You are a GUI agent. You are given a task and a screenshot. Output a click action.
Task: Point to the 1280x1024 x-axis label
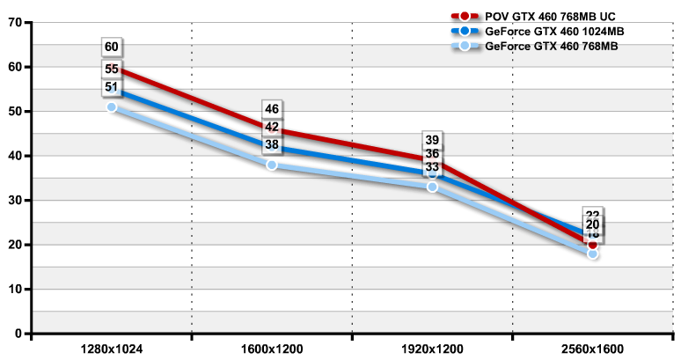click(x=112, y=349)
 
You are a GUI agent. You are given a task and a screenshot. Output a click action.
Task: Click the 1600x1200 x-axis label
click(x=272, y=349)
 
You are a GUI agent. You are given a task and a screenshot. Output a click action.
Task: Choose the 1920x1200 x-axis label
click(x=432, y=349)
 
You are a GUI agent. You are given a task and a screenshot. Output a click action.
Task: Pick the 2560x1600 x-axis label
click(x=592, y=349)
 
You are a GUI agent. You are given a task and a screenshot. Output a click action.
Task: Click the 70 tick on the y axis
click(x=14, y=22)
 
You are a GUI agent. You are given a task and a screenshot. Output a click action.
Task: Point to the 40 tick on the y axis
click(x=14, y=156)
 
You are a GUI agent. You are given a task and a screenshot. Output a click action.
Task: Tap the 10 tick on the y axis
click(x=14, y=290)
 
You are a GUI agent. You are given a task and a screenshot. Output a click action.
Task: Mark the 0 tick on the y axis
click(x=18, y=334)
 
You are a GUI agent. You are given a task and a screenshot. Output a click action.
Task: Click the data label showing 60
click(x=112, y=48)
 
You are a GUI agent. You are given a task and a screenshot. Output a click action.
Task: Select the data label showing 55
click(x=112, y=68)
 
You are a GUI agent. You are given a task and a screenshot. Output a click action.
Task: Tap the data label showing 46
click(x=272, y=109)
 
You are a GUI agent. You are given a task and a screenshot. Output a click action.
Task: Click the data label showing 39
click(x=432, y=139)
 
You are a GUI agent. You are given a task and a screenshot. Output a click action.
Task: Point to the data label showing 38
click(x=272, y=145)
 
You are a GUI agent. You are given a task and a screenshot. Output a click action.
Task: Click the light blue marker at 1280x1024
click(x=112, y=107)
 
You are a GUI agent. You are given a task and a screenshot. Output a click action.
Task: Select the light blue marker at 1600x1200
click(x=272, y=165)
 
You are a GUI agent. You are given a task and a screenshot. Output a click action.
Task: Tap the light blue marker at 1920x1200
click(x=432, y=187)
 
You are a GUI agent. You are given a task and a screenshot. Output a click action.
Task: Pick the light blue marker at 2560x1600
click(x=592, y=253)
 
